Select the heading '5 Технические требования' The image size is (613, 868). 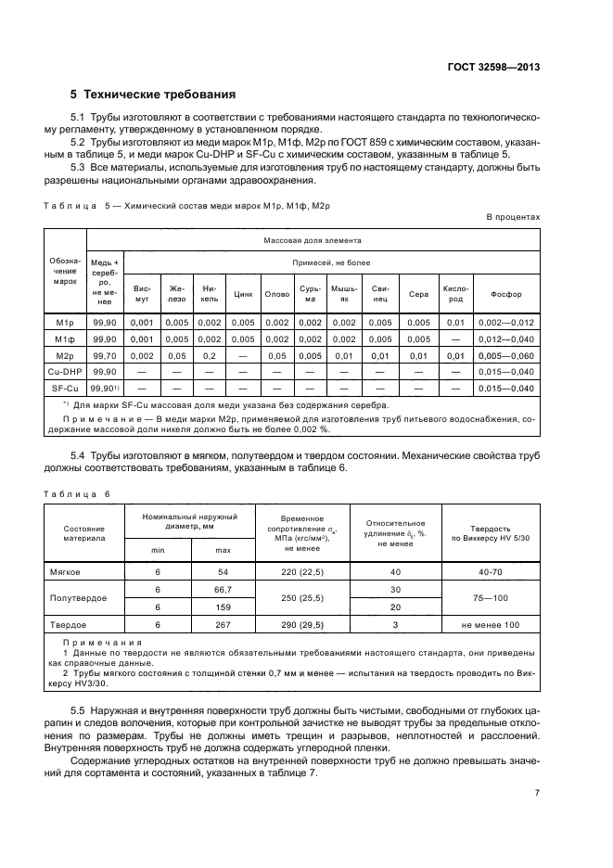pos(153,95)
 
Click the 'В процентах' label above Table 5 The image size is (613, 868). pos(513,216)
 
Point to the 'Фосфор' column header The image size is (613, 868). pos(506,294)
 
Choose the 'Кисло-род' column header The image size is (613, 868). pos(454,294)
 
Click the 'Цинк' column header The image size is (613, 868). pos(244,294)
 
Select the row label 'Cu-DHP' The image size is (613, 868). pos(64,370)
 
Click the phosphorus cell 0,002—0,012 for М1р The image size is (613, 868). pos(506,322)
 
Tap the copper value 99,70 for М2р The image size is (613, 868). pos(104,354)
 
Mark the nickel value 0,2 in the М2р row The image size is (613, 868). pos(210,354)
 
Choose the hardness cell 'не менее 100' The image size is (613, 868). pos(491,624)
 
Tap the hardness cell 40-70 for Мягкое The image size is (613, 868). pos(491,572)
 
